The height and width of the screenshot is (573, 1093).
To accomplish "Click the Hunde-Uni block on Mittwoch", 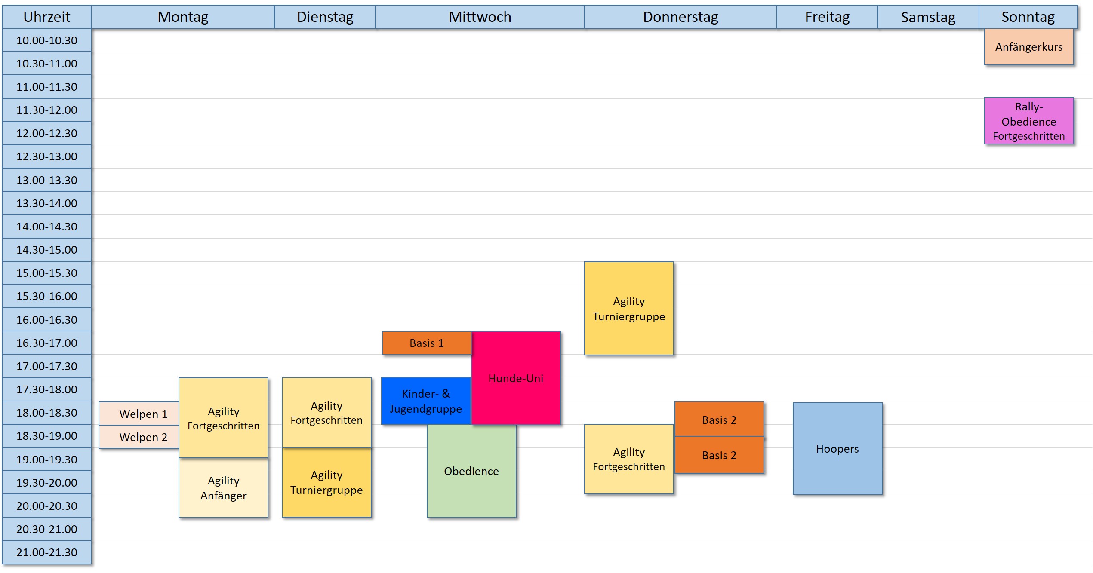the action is (x=516, y=378).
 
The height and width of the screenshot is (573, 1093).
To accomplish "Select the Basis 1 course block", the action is (x=426, y=343).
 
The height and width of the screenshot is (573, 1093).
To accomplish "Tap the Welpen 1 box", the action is (x=139, y=414).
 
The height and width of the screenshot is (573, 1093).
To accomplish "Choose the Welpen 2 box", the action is (x=139, y=437).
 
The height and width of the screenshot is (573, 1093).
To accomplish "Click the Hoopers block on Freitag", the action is (x=837, y=448).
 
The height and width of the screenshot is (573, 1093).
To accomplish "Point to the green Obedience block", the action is (x=471, y=471).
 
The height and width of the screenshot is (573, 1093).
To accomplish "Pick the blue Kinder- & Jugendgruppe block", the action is (x=426, y=401).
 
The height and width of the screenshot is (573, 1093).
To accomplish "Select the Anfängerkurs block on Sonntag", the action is (x=1029, y=47).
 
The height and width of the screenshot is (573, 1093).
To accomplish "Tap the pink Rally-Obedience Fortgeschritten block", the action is (x=1029, y=121).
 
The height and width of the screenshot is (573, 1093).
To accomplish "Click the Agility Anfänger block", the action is (x=223, y=488).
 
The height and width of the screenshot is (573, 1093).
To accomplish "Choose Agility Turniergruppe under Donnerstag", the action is (x=629, y=308).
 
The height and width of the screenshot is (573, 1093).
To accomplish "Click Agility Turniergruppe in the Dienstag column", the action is (x=326, y=482).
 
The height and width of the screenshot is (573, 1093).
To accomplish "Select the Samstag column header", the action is (x=928, y=17).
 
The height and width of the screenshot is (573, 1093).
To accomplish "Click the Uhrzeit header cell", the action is (x=46, y=17).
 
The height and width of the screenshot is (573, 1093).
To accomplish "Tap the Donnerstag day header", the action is (x=680, y=17).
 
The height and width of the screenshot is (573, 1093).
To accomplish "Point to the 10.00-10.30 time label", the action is (x=46, y=40).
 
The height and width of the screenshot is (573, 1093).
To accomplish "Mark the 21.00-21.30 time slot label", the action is (x=46, y=552).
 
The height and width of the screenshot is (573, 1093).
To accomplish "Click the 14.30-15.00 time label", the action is (x=46, y=250).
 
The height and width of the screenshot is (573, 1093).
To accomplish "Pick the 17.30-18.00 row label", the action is (x=46, y=389).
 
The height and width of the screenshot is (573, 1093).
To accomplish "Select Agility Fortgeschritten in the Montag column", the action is (x=223, y=418).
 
